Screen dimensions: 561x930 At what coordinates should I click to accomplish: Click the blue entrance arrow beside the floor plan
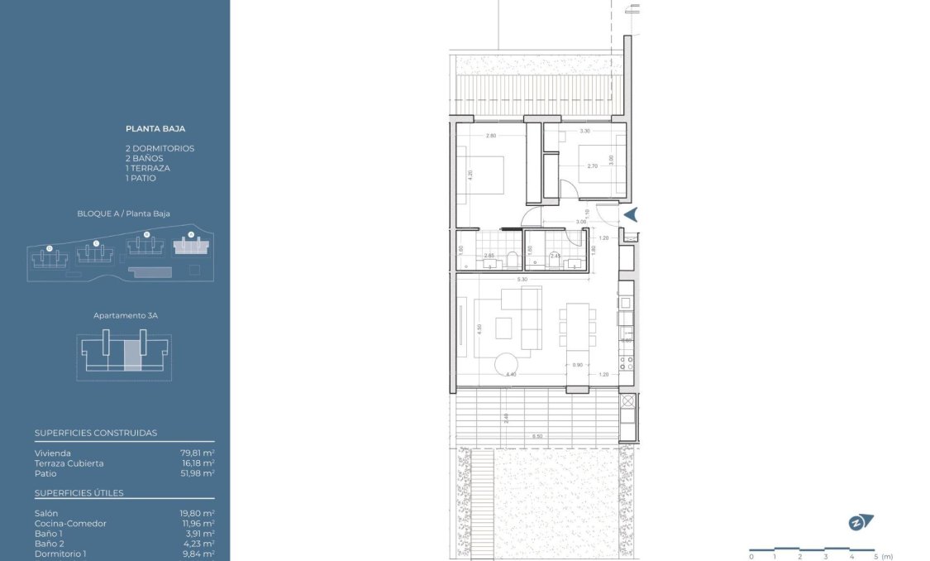click(x=631, y=215)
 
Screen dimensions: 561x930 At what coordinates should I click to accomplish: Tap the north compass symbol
click(x=861, y=522)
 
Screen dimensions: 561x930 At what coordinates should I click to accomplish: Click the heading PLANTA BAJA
click(x=155, y=129)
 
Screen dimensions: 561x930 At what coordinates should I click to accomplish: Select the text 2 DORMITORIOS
click(x=160, y=148)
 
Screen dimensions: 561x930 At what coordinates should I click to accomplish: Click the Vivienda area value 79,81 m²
click(x=198, y=453)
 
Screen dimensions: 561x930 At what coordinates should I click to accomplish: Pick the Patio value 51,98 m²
click(x=198, y=473)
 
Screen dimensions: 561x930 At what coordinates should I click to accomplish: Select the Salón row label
click(x=46, y=514)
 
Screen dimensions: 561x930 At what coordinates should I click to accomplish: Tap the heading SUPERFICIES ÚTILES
click(x=79, y=493)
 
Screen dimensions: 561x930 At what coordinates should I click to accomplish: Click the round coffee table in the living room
click(x=506, y=365)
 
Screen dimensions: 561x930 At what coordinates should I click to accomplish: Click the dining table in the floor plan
click(x=576, y=324)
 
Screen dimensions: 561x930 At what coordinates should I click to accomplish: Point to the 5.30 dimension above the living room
click(x=522, y=280)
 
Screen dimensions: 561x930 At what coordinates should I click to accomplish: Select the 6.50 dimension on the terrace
click(x=537, y=436)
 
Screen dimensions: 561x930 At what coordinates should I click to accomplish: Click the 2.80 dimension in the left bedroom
click(x=491, y=135)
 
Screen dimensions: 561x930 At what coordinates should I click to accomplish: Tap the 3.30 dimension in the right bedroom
click(x=584, y=131)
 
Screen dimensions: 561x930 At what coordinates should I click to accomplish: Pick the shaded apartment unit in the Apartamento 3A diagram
click(x=132, y=354)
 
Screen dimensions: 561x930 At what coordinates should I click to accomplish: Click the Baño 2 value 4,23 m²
click(x=198, y=544)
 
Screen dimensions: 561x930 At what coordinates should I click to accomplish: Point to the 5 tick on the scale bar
click(x=875, y=556)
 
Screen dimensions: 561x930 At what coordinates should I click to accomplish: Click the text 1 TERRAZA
click(x=148, y=168)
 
